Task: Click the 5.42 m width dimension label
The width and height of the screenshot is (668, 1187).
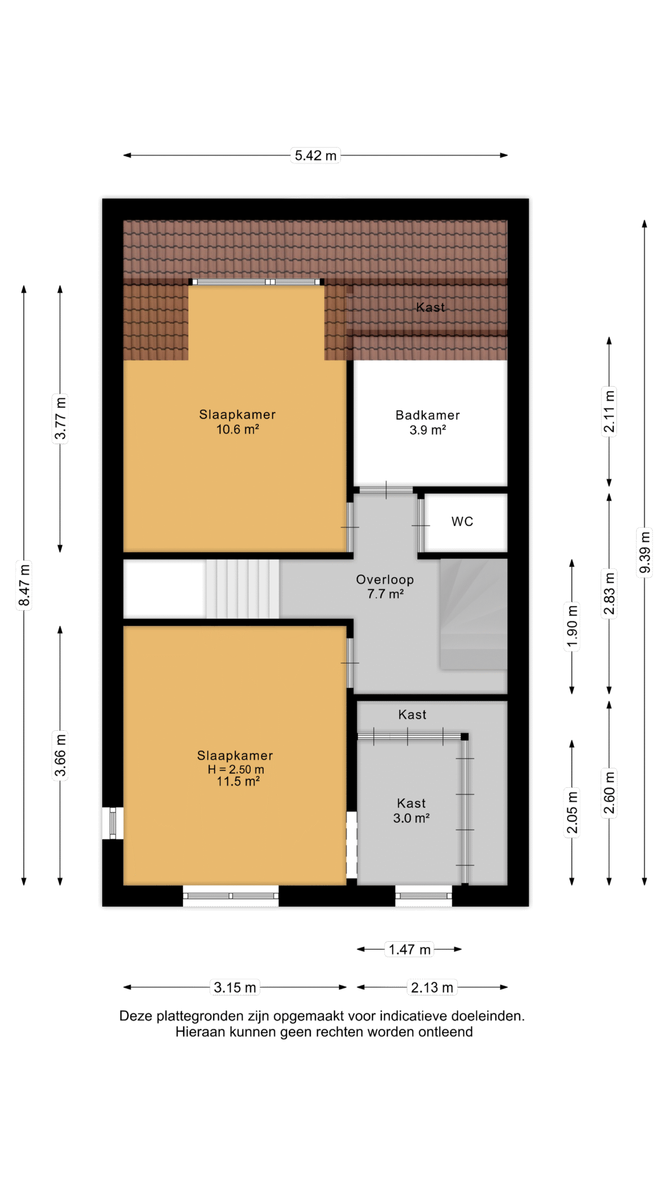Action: pos(315,155)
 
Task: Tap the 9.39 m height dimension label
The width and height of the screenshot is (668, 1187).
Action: pos(644,552)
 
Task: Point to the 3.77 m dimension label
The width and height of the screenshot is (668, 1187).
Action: pos(60,418)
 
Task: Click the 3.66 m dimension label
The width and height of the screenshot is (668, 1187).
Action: pos(60,755)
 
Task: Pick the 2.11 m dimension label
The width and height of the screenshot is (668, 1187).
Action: pos(609,411)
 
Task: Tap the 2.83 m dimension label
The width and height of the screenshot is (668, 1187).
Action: pos(609,593)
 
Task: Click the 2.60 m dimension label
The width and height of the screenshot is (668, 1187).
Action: pos(609,793)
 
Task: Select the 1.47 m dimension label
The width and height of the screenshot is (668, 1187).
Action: pos(410,949)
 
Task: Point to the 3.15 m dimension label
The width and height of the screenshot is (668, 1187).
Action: pos(235,987)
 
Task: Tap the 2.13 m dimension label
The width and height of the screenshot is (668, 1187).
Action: pos(432,987)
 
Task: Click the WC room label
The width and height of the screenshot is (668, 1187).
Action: pos(462,522)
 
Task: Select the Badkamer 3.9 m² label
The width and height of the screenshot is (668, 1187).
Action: pos(428,422)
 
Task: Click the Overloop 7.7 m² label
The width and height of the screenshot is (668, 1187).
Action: pos(385,587)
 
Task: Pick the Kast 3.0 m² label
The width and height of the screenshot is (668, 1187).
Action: pos(411,810)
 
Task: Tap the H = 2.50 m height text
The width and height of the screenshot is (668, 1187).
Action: pos(236,769)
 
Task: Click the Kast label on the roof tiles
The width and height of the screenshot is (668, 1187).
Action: pos(430,307)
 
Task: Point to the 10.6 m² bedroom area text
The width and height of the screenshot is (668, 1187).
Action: pos(238,429)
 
